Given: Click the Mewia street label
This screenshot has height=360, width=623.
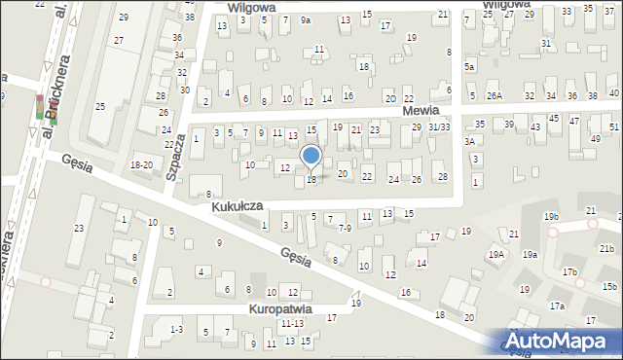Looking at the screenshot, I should tap(421, 112).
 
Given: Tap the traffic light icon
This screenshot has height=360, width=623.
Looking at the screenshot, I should tap(41, 108).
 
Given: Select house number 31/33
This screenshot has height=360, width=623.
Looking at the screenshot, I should tap(439, 127).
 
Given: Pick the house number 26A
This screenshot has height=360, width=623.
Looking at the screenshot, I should tap(495, 95).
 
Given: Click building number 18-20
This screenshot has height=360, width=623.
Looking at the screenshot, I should tap(141, 165).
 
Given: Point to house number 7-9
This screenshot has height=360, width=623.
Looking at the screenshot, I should tap(345, 228).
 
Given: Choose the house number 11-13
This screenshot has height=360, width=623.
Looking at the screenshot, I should tap(291, 323).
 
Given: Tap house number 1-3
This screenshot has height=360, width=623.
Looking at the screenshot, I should tap(175, 330).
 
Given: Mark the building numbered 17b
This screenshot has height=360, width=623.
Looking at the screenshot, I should tap(568, 272).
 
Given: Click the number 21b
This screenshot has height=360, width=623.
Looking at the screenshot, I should tap(607, 249).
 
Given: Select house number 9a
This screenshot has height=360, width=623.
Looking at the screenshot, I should tap(306, 19).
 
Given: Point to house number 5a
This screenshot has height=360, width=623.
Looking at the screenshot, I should tap(468, 66).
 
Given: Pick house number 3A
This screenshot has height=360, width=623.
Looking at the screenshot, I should tap(469, 142).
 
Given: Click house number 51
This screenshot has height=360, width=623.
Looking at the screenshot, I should tap(614, 127).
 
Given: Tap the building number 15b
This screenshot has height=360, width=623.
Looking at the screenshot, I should tap(609, 286).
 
